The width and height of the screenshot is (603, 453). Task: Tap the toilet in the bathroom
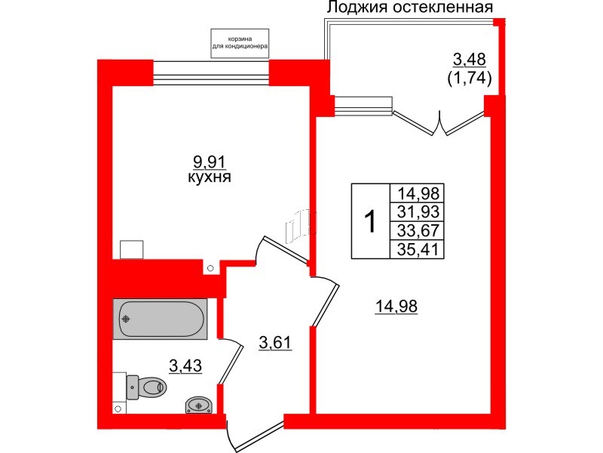point(148,387)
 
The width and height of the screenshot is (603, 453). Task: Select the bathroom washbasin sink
point(199,405)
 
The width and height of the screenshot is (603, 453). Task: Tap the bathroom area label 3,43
point(185,367)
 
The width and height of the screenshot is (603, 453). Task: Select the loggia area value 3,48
point(468,58)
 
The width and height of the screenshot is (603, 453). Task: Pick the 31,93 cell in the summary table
point(417,211)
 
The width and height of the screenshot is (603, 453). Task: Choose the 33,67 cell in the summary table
point(417,230)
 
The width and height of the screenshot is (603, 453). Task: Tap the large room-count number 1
point(370,222)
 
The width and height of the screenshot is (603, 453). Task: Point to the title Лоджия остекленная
point(409,8)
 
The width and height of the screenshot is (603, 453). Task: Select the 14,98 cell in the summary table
point(417,193)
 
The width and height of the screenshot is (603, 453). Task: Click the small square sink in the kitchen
point(133,251)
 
